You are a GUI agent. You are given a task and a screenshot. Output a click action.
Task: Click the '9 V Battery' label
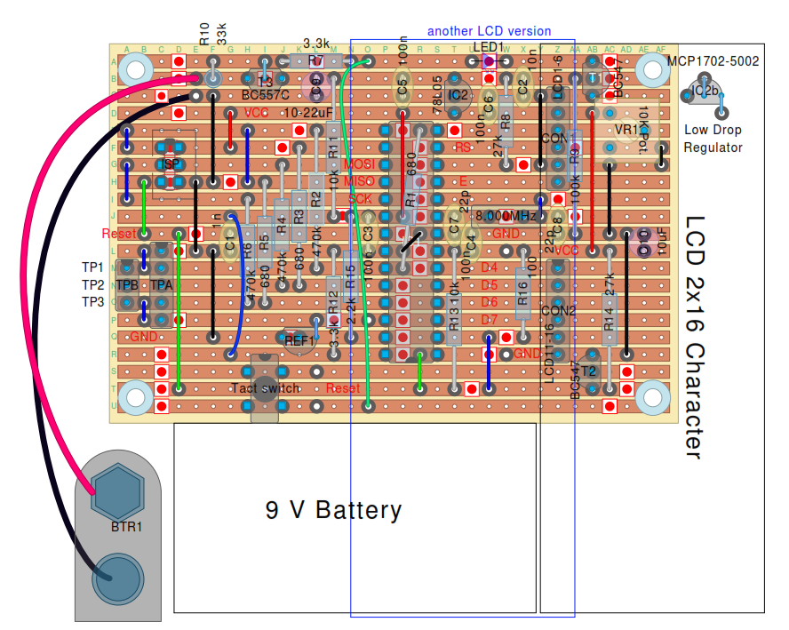click(333, 510)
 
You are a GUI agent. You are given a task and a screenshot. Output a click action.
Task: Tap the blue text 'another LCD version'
click(489, 31)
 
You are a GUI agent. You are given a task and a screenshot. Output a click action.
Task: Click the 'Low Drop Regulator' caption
click(713, 139)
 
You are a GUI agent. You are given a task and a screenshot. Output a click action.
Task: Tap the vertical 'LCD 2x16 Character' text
click(695, 338)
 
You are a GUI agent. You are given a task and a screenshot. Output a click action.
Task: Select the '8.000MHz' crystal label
click(506, 216)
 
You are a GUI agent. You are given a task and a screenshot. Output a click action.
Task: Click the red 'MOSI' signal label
click(358, 164)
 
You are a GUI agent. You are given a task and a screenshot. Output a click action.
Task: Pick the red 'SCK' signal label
click(359, 199)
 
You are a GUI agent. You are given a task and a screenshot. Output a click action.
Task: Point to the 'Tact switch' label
click(266, 388)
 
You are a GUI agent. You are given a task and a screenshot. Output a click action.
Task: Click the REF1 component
click(299, 339)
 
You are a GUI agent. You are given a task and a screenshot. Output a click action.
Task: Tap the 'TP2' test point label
click(93, 284)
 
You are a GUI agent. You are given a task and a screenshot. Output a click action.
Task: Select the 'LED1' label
click(488, 47)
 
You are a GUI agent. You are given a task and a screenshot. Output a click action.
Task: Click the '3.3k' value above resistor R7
click(317, 43)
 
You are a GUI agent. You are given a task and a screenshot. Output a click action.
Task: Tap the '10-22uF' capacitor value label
click(309, 113)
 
